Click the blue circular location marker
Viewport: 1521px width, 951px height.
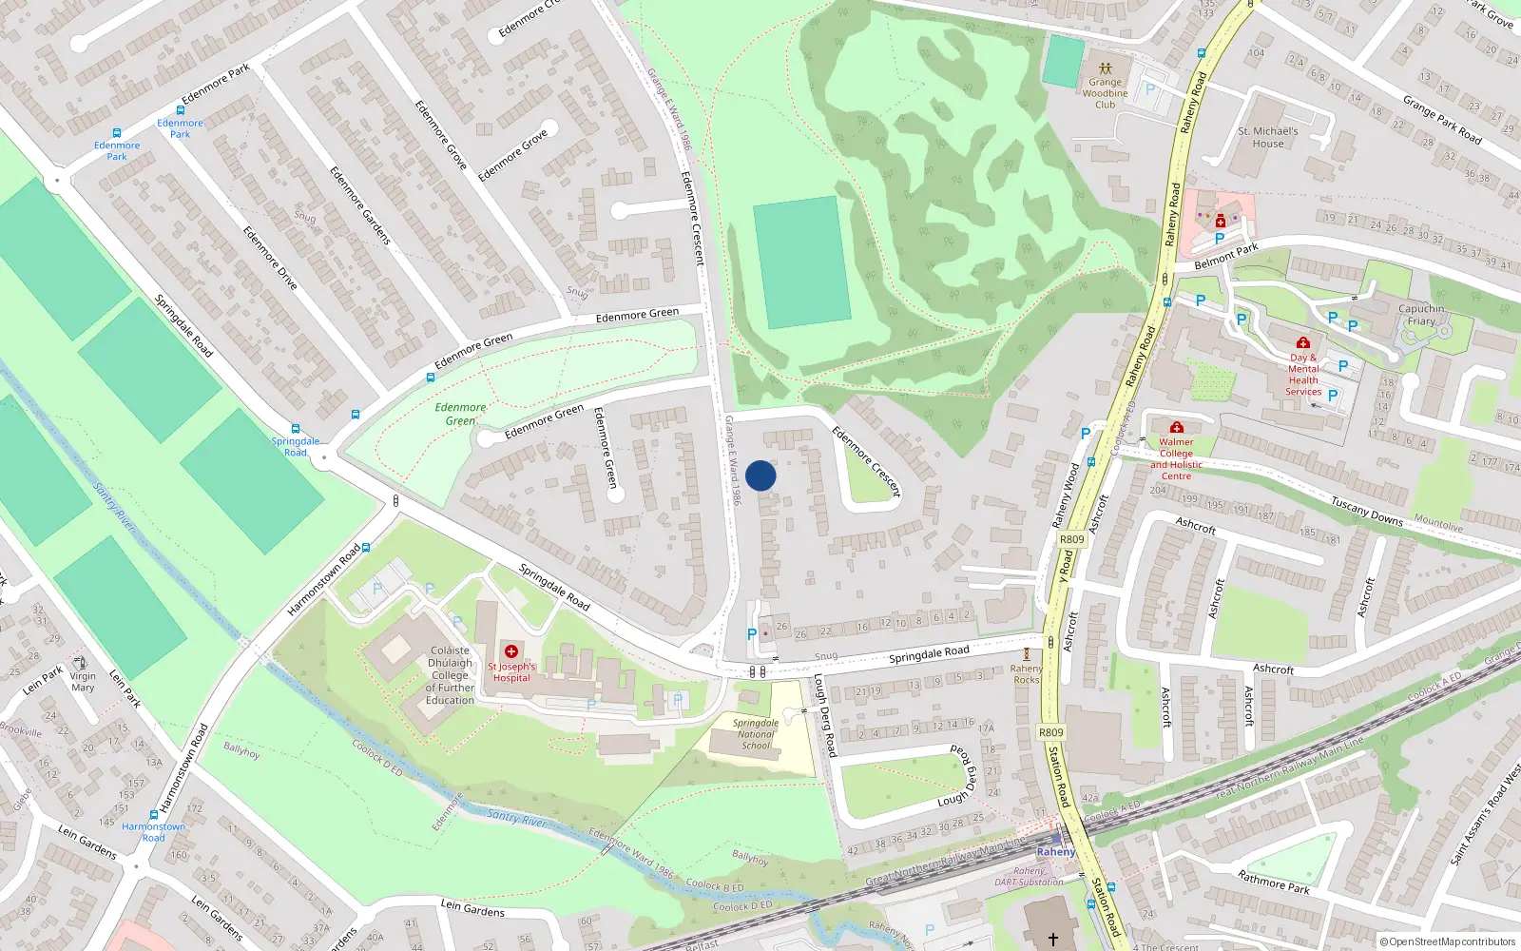click(x=760, y=475)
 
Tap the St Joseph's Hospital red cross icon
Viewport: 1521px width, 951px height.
click(x=511, y=651)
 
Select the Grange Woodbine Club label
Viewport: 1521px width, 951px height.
click(x=1105, y=93)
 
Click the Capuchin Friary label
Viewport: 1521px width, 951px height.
click(x=1421, y=315)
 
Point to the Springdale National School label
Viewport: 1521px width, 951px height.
click(x=756, y=734)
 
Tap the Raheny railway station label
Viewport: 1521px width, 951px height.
click(x=1055, y=852)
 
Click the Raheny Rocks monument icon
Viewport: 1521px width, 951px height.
click(x=1027, y=654)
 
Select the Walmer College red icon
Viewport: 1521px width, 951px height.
click(x=1177, y=428)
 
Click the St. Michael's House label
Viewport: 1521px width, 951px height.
click(x=1267, y=138)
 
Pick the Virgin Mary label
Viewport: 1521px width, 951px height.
click(x=83, y=682)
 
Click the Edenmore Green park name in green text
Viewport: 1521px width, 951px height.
click(x=460, y=414)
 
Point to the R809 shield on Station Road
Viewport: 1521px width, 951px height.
click(x=1050, y=732)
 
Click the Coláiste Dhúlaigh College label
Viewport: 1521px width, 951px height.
click(x=450, y=675)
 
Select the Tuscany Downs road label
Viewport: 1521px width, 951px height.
click(x=1366, y=511)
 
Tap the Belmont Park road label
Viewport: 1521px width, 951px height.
click(x=1225, y=257)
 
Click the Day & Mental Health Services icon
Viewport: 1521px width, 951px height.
click(x=1302, y=342)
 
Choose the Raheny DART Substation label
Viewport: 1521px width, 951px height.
click(x=1030, y=877)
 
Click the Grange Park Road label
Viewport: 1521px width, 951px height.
click(x=1441, y=119)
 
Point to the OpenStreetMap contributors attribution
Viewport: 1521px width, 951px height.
click(x=1448, y=941)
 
